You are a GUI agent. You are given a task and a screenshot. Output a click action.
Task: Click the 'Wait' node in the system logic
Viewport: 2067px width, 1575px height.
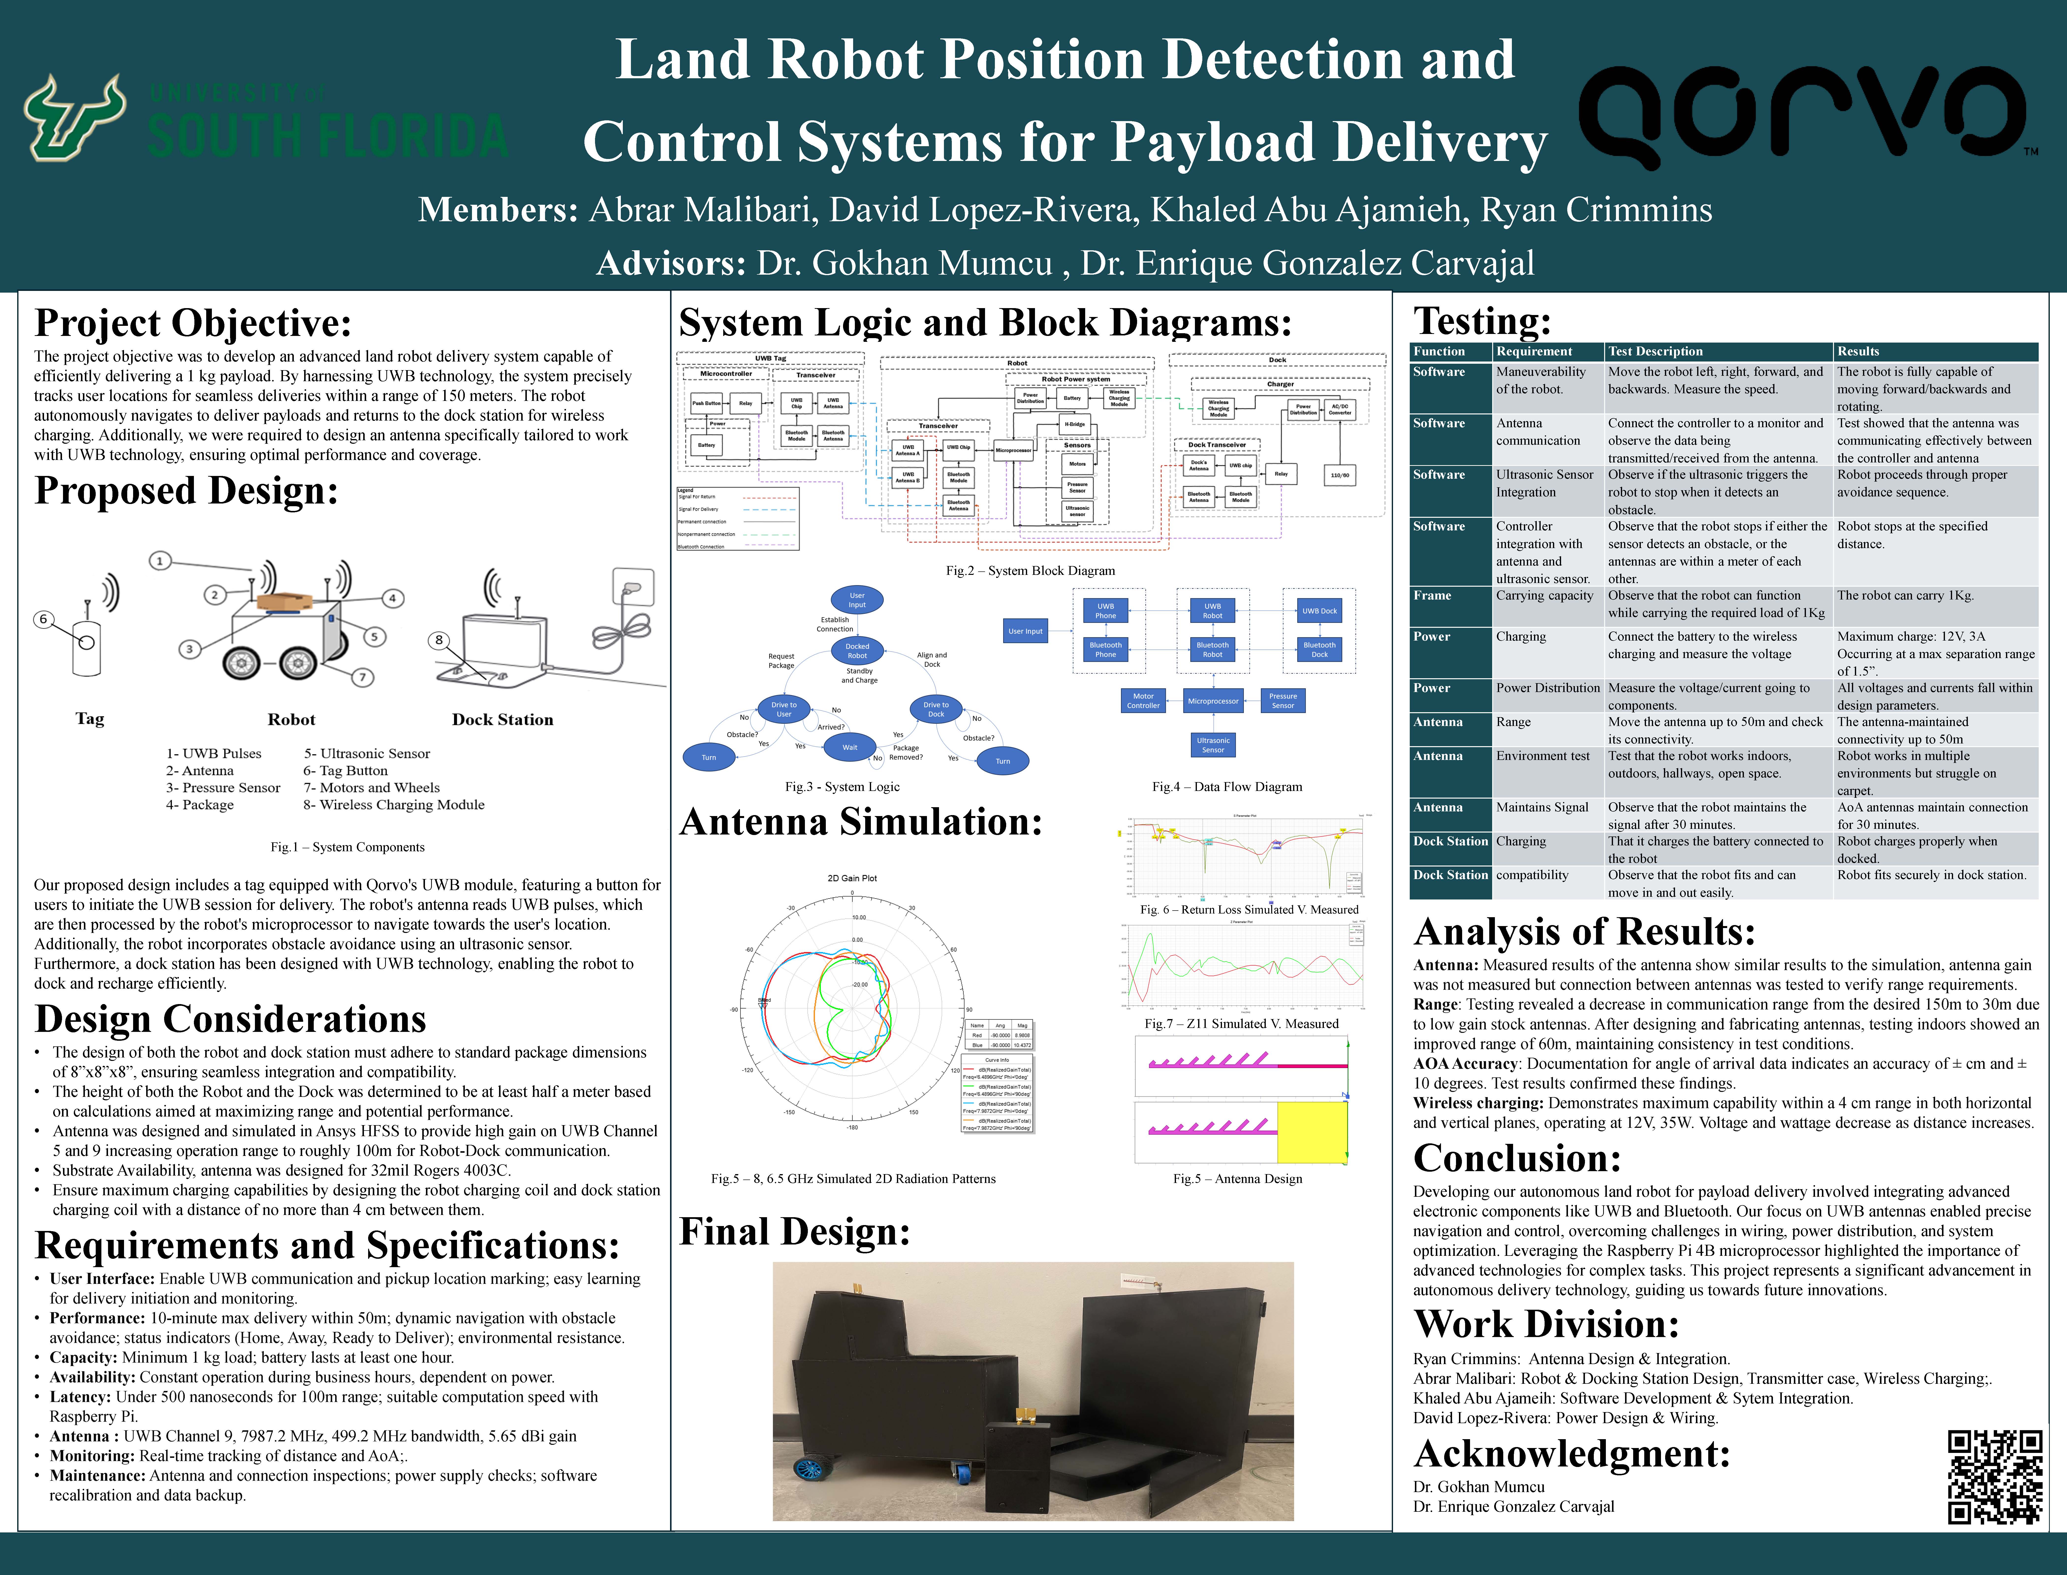[x=849, y=747]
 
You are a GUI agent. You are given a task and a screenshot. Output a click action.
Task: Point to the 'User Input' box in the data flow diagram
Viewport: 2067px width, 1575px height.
[x=1026, y=631]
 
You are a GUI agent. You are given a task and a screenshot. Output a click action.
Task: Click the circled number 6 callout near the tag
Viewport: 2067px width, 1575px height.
[x=43, y=619]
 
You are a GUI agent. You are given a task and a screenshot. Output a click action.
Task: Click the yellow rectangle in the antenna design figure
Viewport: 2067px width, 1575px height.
[x=1312, y=1133]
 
